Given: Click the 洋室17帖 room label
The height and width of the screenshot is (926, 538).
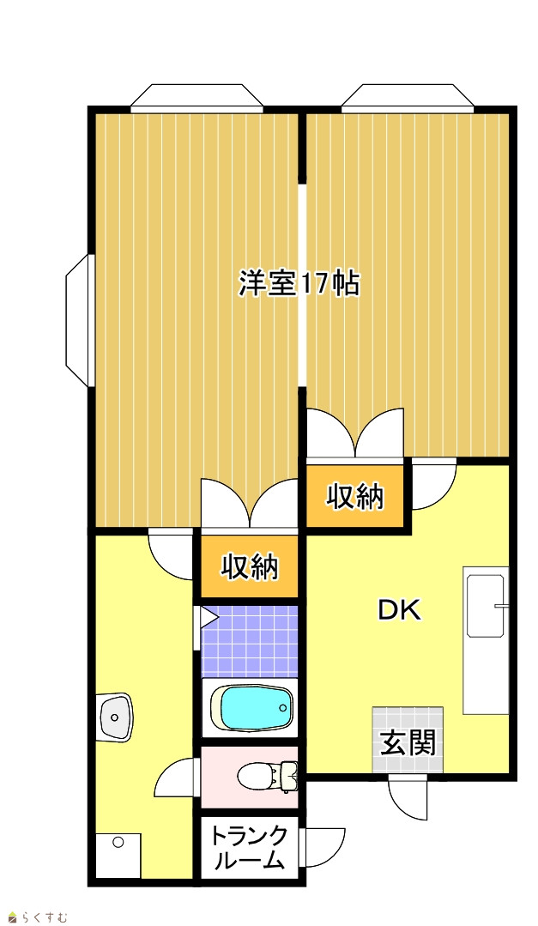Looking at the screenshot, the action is coord(299,283).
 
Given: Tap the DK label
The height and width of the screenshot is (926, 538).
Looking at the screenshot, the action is coord(400,610).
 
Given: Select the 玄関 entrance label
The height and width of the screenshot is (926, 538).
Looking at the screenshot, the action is coord(408,742).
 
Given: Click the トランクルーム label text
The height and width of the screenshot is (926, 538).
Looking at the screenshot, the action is coord(249,849).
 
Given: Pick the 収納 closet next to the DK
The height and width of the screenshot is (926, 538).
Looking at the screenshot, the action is coord(355,495).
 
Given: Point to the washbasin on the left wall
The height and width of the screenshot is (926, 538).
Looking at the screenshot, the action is coord(116,717).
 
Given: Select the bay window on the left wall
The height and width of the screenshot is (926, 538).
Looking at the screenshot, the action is coord(80,320).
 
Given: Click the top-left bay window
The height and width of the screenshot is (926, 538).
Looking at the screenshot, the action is coord(196,98).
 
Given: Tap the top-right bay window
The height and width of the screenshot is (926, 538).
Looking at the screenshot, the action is coord(408,98).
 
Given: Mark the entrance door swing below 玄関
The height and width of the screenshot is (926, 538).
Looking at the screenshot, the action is coord(408,796).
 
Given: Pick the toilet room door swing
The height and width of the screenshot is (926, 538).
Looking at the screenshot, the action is coord(175,778).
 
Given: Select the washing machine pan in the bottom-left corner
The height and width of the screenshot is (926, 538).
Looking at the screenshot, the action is coord(118,855).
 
